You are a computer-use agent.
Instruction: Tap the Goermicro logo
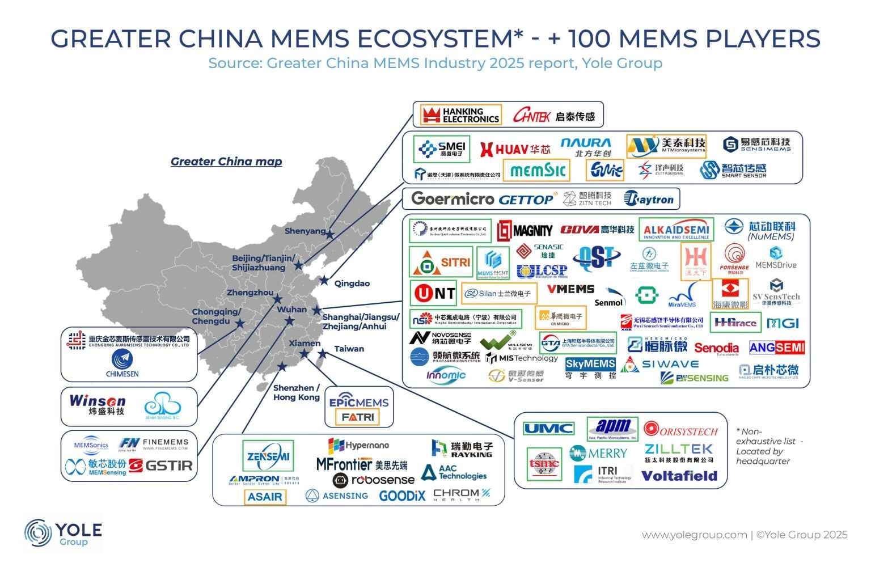coord(453,198)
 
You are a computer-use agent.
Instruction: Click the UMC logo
coord(548,429)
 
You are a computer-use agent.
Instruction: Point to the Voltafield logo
coord(679,476)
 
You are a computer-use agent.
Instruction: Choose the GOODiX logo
coord(401,496)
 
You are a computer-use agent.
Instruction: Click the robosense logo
coord(374,480)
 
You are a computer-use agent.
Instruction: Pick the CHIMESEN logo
coord(122,363)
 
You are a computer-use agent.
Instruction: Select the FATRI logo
coord(358,417)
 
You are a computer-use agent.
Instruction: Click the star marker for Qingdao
coord(324,280)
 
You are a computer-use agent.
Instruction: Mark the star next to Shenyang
coord(330,234)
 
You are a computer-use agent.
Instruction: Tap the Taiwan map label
coord(349,349)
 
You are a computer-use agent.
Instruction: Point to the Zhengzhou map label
coord(250,293)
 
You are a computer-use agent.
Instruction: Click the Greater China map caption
coord(226,162)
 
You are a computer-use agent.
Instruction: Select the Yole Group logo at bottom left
coord(62,534)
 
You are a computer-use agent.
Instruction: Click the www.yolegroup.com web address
coord(694,535)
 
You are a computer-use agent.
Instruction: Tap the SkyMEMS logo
coord(590,363)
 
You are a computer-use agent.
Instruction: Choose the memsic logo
coord(538,170)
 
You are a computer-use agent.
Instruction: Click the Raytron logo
coord(649,199)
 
